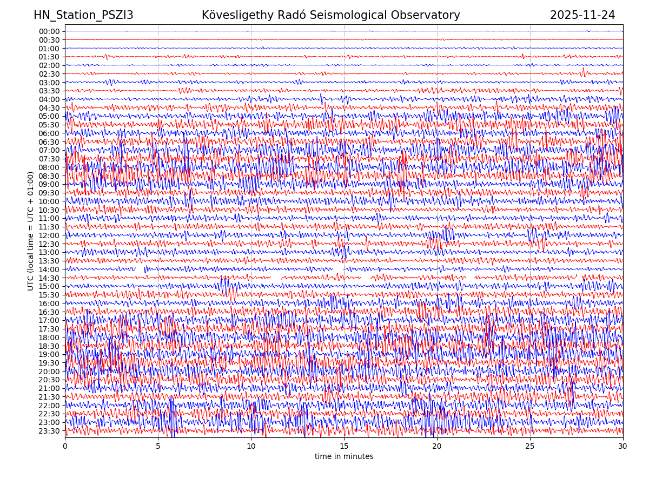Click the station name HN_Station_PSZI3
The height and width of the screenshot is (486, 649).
click(x=83, y=15)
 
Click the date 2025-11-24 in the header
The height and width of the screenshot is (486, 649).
click(x=582, y=15)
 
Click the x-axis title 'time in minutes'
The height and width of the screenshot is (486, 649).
click(x=344, y=457)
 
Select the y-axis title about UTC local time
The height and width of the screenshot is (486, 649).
click(x=31, y=231)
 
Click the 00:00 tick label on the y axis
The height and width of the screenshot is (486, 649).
click(x=49, y=31)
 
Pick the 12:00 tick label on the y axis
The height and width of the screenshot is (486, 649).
click(x=49, y=235)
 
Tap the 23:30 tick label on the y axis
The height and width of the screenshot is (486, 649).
click(x=49, y=431)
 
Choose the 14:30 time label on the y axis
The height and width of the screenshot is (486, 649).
click(x=49, y=278)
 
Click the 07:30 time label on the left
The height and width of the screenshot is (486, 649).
click(x=49, y=159)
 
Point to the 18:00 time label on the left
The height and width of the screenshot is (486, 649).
click(x=49, y=337)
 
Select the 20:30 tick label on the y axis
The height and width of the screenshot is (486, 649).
click(x=49, y=380)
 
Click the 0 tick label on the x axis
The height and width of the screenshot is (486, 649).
click(x=65, y=446)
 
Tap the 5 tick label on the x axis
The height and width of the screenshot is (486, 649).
click(x=158, y=446)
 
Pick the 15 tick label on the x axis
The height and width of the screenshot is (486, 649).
click(x=344, y=446)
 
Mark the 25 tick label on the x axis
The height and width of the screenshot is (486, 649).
click(x=530, y=446)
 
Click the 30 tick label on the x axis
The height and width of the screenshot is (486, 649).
click(x=623, y=446)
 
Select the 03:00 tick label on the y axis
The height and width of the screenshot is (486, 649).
click(x=49, y=83)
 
